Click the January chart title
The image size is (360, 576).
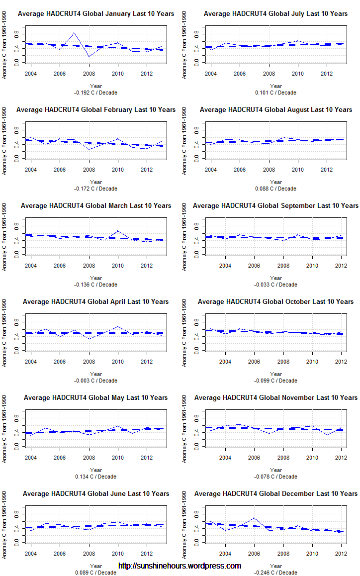[x=96, y=13]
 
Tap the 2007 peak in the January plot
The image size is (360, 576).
[x=74, y=33]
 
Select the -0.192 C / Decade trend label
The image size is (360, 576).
[x=96, y=93]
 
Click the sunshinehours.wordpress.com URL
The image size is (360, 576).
[x=180, y=566]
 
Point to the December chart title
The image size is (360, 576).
[x=275, y=493]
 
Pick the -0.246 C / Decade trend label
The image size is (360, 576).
[x=275, y=573]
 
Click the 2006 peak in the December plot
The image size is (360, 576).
[x=254, y=518]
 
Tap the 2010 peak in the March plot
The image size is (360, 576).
[x=118, y=231]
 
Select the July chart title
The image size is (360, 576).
[x=275, y=13]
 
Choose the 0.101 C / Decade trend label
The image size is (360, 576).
[x=275, y=93]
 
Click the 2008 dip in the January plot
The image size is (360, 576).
[x=89, y=56]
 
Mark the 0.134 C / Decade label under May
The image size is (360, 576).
[x=96, y=477]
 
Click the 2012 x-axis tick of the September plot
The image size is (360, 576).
[x=341, y=266]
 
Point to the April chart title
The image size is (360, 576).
[x=96, y=301]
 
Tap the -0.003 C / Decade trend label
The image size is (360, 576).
[x=96, y=381]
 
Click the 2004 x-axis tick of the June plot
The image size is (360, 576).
[x=31, y=554]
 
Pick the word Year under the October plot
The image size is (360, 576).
[x=275, y=374]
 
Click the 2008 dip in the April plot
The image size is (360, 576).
[x=89, y=339]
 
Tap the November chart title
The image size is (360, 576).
[x=275, y=397]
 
